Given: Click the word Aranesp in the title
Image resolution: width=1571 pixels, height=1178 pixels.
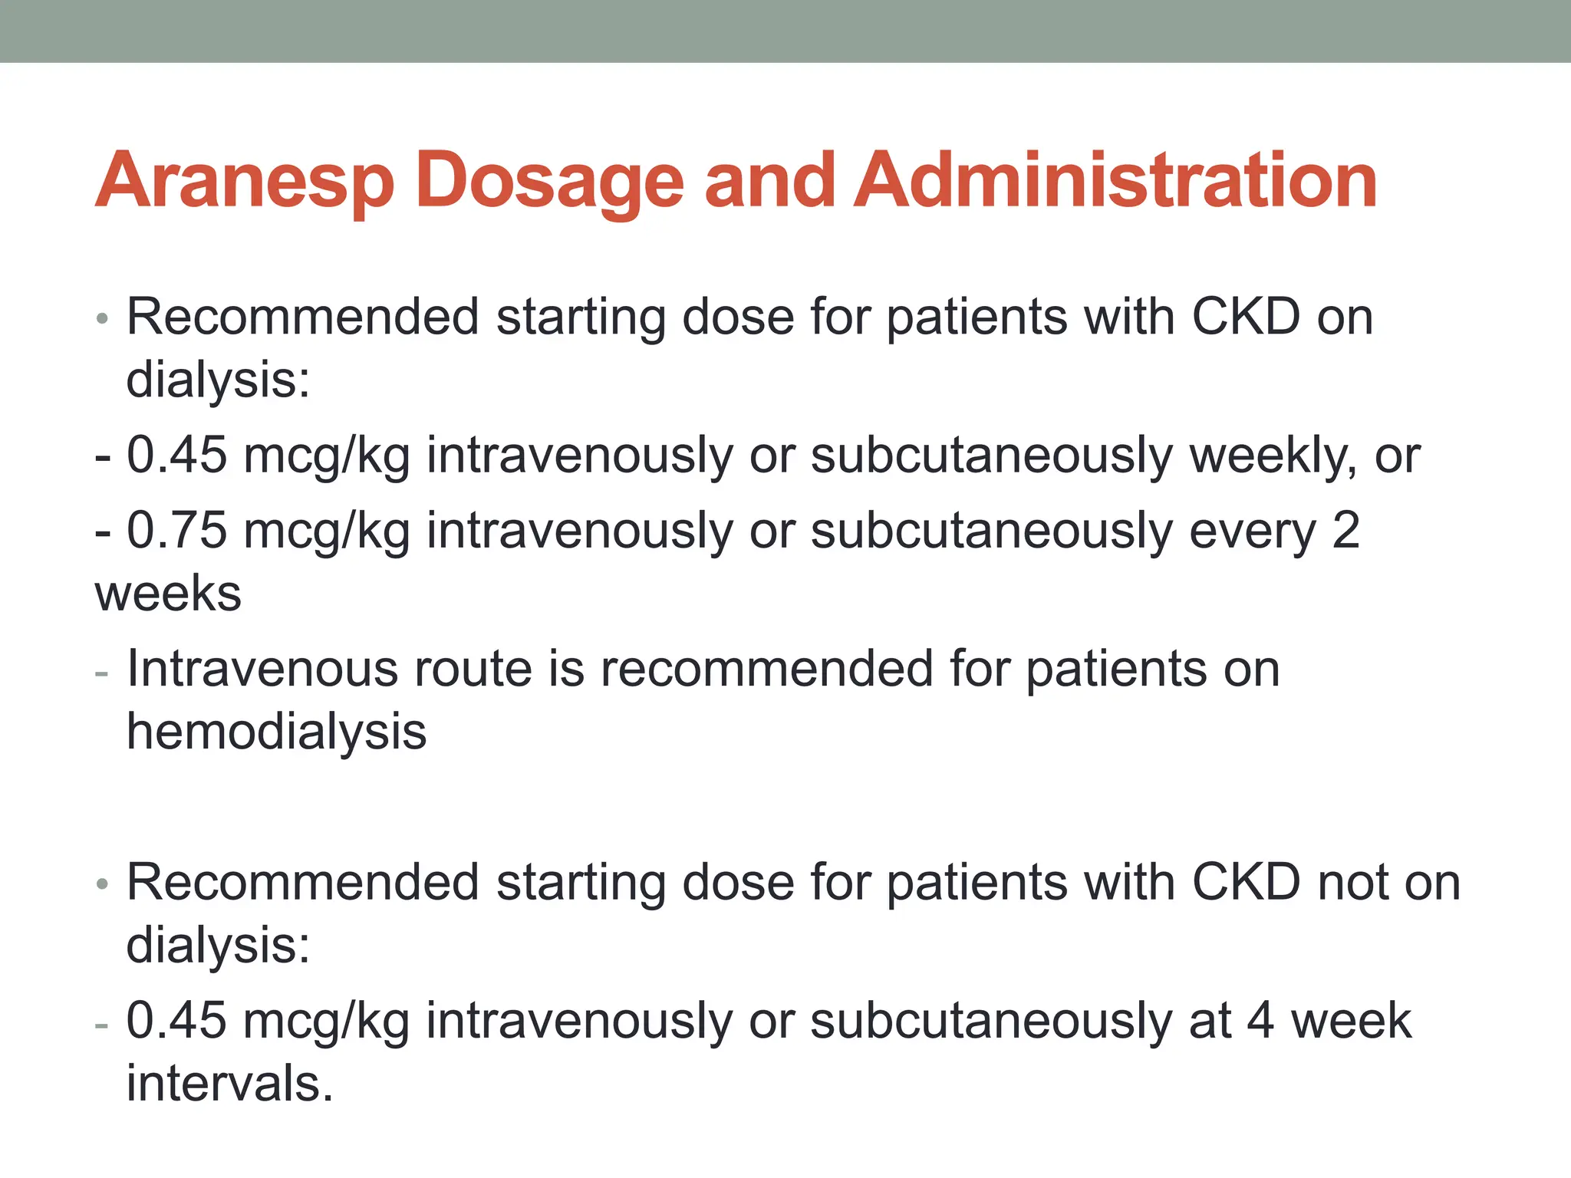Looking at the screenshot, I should coord(244,181).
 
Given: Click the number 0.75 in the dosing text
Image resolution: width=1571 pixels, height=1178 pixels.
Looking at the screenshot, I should coord(176,531).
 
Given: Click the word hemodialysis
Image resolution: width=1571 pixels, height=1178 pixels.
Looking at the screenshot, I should coord(276,732).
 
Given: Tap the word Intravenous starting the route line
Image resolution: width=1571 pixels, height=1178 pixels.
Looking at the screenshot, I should coord(262,669).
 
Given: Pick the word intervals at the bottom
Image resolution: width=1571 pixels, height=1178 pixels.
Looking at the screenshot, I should coord(229,1084).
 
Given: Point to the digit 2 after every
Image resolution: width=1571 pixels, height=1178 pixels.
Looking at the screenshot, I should coord(1345,531).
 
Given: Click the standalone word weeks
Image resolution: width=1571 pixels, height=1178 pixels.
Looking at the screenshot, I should coord(168,594).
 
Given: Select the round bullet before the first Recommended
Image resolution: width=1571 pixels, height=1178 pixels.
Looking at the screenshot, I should coord(102,319).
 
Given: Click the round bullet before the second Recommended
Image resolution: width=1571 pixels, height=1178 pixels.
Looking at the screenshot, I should coord(102,885).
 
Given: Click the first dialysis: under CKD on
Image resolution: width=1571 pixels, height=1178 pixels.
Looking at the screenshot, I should coord(218,380).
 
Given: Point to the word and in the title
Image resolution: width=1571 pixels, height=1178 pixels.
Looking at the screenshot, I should coord(769,181).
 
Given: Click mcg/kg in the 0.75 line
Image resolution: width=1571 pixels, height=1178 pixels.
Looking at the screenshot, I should coord(326,531).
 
